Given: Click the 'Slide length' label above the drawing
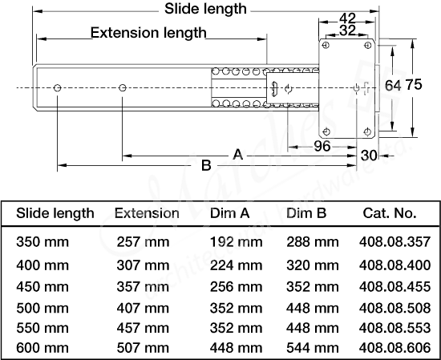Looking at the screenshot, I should (205, 10).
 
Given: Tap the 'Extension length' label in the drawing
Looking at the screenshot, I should (148, 33).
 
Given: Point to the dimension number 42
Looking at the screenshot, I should (347, 18).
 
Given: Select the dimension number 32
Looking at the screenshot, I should (347, 30).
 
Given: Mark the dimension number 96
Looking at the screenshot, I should (322, 146).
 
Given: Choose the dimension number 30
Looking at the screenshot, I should (369, 155).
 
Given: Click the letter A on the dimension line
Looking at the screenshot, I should (237, 154).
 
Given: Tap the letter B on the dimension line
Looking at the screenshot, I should (206, 165).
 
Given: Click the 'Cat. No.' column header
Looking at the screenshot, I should (389, 213).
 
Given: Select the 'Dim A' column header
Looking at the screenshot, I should (230, 213).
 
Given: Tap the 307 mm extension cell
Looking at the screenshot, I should (143, 264).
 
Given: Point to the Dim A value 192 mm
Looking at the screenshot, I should (235, 241).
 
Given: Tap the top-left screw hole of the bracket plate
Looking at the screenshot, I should (326, 47).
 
